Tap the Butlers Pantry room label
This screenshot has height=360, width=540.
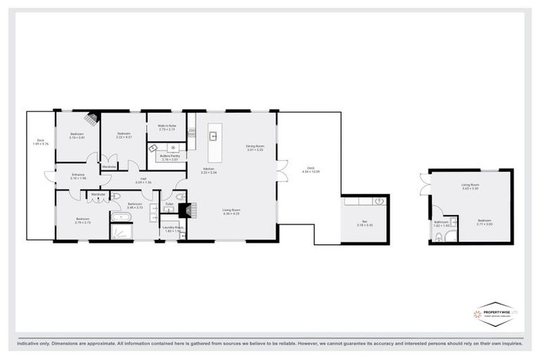pos(171,156)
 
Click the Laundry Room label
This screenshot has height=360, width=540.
pos(172,227)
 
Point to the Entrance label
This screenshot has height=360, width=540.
pos(77,174)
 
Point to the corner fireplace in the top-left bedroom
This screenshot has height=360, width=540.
pos(91,119)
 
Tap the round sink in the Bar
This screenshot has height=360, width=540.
pos(380,201)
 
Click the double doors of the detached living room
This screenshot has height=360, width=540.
pos(425,185)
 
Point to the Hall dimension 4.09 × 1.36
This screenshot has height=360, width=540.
pos(143,182)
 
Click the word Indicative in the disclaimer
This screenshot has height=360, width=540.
pos(30,344)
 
